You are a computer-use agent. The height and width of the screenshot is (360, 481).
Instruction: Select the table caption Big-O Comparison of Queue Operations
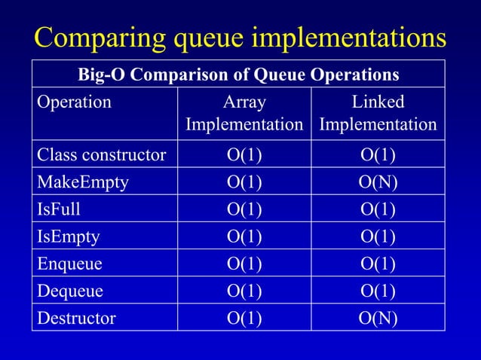[238, 75]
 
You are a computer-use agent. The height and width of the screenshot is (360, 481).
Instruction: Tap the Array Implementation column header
[244, 113]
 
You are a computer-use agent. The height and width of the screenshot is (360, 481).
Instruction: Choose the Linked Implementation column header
[378, 113]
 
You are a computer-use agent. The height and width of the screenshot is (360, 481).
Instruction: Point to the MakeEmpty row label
[79, 183]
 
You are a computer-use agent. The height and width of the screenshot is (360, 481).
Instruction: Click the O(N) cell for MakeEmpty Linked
[378, 183]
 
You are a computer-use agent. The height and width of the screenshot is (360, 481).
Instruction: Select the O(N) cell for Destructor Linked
[378, 318]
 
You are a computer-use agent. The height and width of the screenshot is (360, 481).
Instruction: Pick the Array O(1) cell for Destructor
[244, 318]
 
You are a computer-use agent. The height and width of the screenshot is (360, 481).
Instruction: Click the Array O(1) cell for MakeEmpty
[244, 183]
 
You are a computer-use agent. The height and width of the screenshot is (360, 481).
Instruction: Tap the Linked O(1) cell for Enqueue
[378, 264]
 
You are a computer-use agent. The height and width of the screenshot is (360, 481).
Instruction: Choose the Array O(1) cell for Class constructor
[244, 156]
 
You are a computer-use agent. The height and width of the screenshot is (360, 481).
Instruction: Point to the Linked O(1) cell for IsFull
[378, 209]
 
